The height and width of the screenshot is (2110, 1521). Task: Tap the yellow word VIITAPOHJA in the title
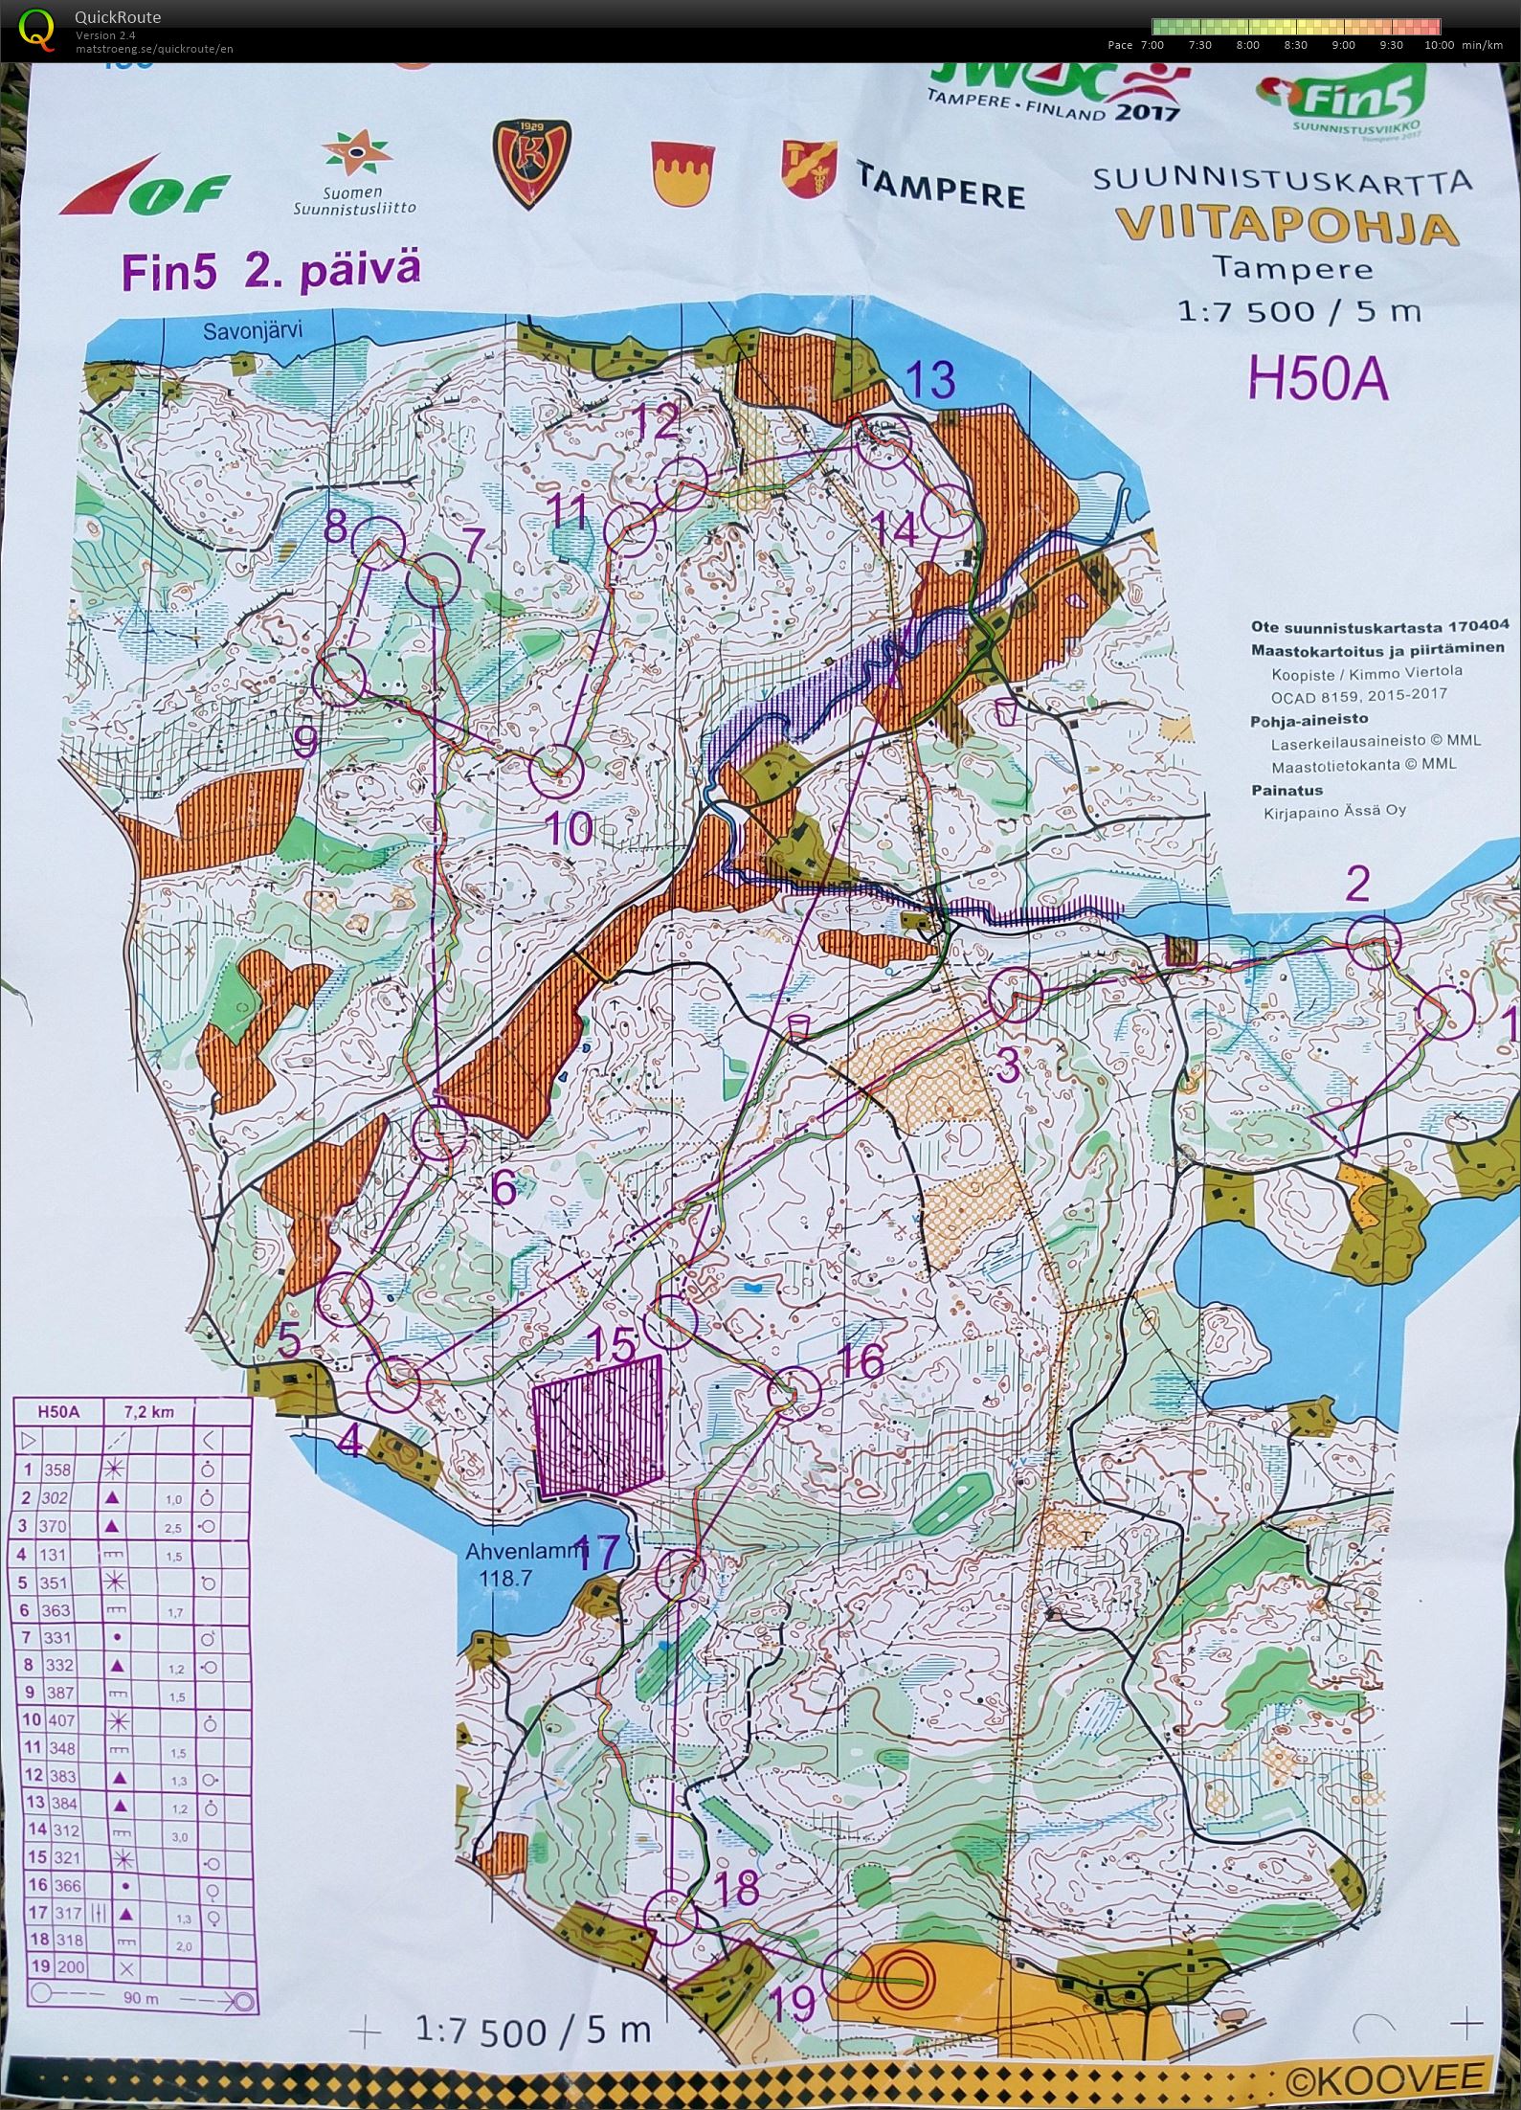tap(1286, 228)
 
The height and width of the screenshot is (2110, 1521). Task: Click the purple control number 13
tap(930, 380)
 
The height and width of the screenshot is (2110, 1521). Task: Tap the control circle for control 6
tap(438, 1134)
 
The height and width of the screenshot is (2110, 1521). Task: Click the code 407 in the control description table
tap(60, 1720)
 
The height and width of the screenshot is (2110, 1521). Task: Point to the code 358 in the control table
tap(60, 1470)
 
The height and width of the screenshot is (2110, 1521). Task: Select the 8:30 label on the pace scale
tap(1295, 45)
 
